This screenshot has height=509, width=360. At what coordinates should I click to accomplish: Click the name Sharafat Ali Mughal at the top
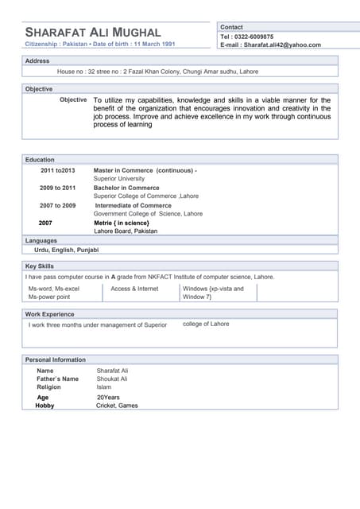point(93,32)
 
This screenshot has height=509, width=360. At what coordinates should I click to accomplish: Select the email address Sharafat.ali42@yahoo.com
point(282,45)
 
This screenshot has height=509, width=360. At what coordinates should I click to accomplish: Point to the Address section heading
point(37,60)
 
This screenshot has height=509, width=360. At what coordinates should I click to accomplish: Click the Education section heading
point(40,160)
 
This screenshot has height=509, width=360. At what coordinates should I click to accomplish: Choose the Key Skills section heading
point(40,266)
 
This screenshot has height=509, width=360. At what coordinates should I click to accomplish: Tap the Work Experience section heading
point(49,314)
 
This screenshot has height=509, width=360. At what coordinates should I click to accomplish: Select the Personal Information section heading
point(56,359)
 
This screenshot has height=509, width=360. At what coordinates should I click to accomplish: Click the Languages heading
point(41,240)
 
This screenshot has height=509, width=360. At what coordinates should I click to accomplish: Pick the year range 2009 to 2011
point(58,188)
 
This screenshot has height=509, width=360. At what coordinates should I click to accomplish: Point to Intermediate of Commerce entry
point(134,205)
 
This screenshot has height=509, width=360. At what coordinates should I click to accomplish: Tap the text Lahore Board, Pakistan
point(126,231)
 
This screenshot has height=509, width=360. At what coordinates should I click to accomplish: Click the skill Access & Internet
point(134,289)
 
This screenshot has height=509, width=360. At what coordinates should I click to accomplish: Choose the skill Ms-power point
point(49,297)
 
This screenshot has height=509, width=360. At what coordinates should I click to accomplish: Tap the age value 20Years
point(108,397)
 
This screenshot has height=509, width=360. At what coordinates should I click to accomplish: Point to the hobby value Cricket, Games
point(117,406)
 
